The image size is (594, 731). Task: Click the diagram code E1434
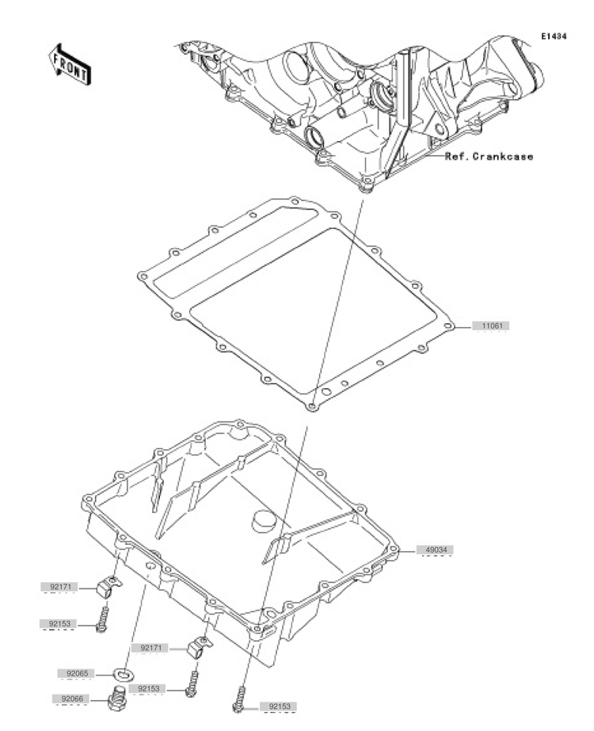point(554,36)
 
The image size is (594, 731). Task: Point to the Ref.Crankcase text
point(489,156)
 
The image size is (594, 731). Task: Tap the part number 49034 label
point(438,549)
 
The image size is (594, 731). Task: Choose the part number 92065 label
point(75,674)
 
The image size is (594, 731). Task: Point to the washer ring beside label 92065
point(122,674)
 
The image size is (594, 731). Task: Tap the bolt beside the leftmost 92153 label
point(102,620)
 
